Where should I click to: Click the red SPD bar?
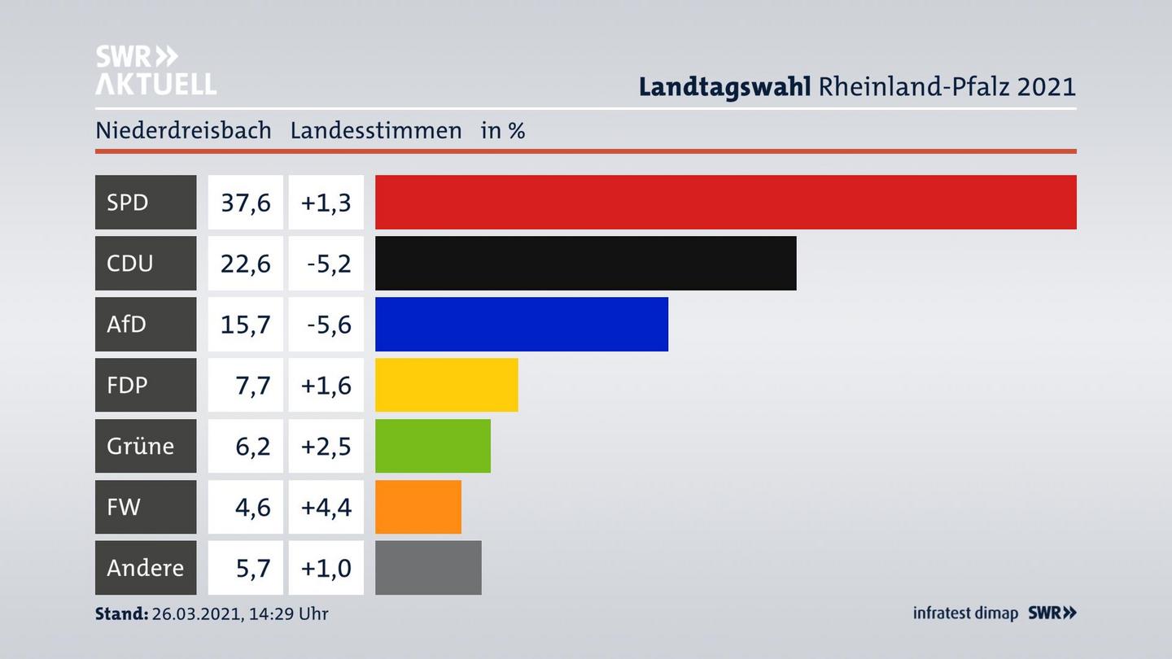coord(725,202)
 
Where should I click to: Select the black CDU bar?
coord(585,263)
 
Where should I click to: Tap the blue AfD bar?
coord(521,324)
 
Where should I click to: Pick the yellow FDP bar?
coord(446,385)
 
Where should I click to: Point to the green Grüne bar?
coord(432,446)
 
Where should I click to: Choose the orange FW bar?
coord(418,507)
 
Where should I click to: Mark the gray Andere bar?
coord(428,568)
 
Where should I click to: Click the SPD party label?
coord(128,202)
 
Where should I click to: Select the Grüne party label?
coord(140,446)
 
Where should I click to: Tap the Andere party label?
coord(145,568)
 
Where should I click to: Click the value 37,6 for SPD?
coord(245,202)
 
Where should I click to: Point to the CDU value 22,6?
coord(245,263)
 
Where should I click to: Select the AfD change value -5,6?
coord(329,324)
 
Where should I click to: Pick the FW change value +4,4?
coord(326,507)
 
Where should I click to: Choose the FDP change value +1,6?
coord(326,385)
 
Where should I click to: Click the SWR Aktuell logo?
coord(155,70)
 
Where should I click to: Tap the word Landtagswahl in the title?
coord(724,86)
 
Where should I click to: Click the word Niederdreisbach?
coord(183,130)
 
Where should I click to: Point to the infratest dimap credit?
coord(965,613)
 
